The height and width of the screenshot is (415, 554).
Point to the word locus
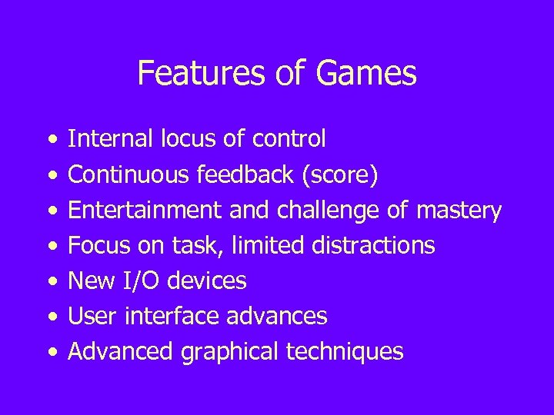[x=182, y=139]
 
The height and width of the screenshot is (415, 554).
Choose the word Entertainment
[x=132, y=211]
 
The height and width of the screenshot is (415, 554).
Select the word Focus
[x=95, y=246]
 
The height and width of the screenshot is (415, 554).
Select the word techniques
[x=345, y=352]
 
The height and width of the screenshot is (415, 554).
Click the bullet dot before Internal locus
[x=51, y=140]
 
